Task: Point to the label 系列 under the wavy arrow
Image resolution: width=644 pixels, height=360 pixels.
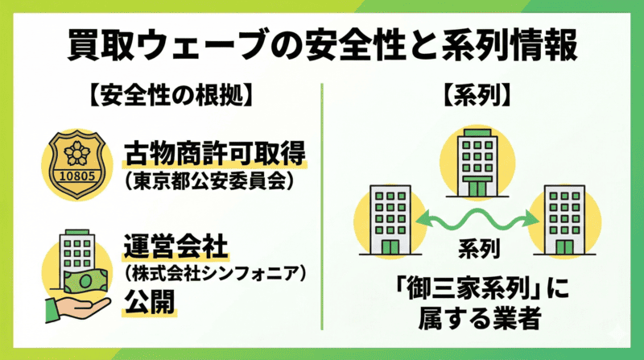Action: coord(478,246)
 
